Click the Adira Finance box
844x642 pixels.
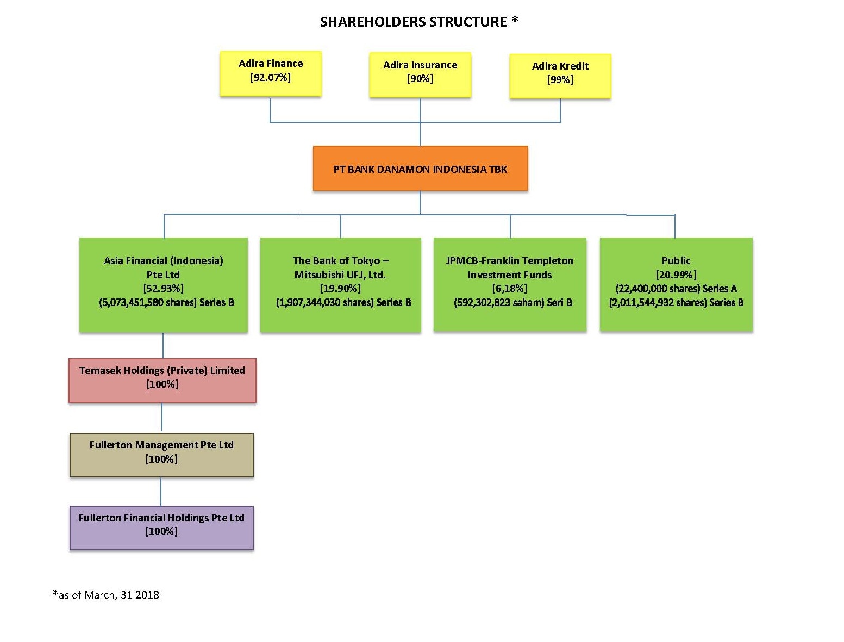(271, 74)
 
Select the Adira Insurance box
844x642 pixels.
(420, 74)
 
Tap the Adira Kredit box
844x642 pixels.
(560, 76)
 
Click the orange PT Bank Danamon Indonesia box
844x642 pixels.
(420, 169)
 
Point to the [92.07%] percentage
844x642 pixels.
(271, 78)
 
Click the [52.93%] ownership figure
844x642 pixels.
(164, 288)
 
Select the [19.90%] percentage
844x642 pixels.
(340, 288)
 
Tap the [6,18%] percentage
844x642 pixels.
(509, 288)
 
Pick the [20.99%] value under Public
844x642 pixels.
(676, 275)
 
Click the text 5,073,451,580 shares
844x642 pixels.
(148, 303)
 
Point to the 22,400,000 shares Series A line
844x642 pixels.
(676, 289)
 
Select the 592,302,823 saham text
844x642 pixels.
(499, 303)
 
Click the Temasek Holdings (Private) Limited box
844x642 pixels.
(162, 381)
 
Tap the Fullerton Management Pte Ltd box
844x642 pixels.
(161, 455)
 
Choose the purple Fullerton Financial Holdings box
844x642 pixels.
(161, 528)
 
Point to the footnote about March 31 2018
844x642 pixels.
(106, 595)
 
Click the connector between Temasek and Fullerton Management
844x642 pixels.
(162, 418)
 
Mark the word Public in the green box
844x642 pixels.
(676, 260)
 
